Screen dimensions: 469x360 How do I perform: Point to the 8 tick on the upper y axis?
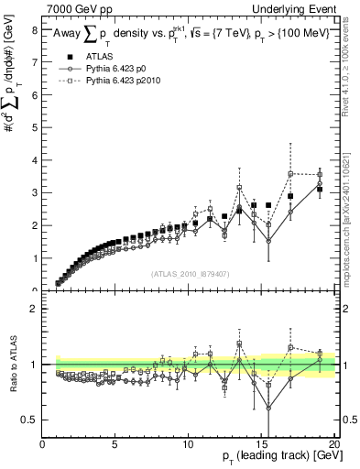pyautogui.click(x=35, y=29)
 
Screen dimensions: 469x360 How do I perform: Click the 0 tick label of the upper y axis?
pyautogui.click(x=35, y=290)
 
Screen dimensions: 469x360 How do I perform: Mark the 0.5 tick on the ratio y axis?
pyautogui.click(x=30, y=420)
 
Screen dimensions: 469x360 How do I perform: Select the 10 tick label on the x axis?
pyautogui.click(x=188, y=445)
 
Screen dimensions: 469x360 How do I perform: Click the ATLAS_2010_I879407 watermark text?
pyautogui.click(x=189, y=272)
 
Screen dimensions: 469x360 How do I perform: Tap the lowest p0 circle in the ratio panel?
pyautogui.click(x=268, y=409)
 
